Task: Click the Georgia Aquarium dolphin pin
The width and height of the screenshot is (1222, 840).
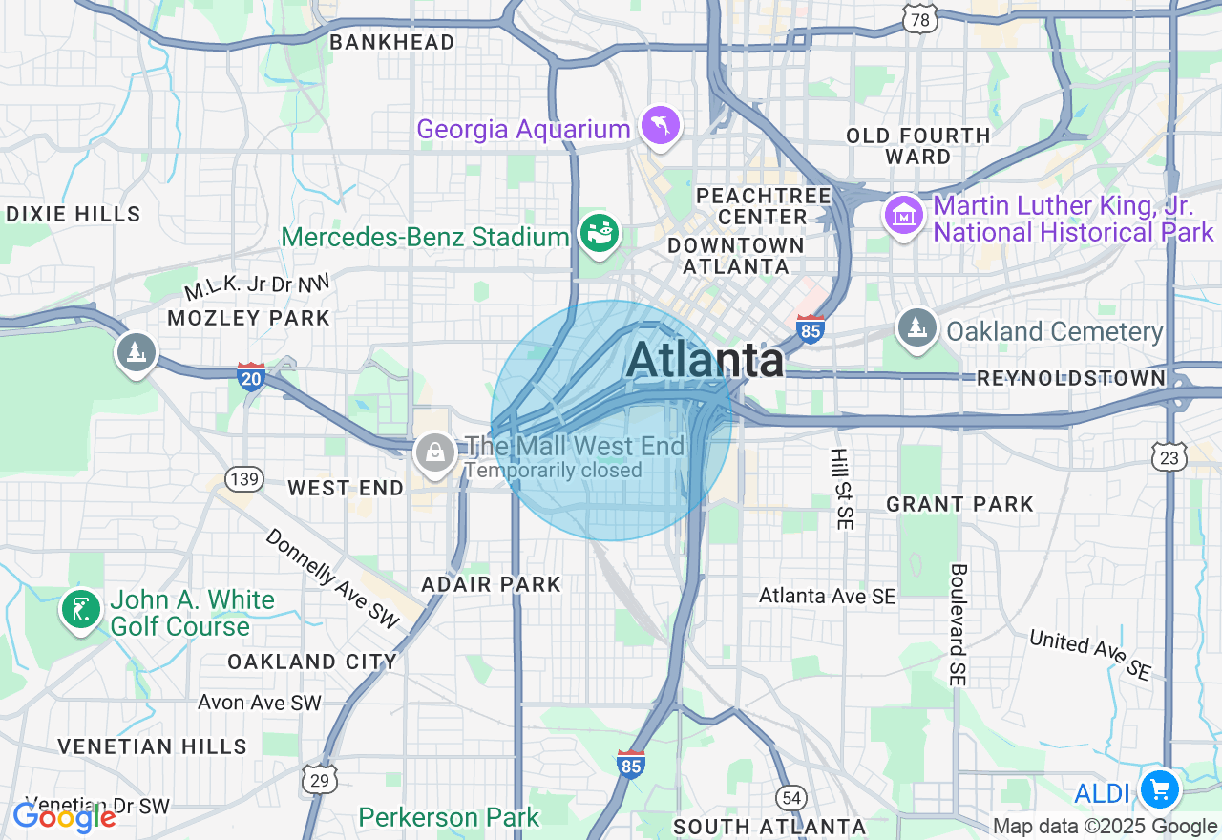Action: point(660,126)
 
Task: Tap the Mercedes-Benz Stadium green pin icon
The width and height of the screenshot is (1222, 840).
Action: point(600,233)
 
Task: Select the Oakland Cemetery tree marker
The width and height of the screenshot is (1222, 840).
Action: point(917,328)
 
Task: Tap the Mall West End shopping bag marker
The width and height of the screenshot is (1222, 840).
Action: point(436,452)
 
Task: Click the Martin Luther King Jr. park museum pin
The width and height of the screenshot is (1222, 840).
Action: point(903,216)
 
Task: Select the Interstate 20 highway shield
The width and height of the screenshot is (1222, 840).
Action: point(251,376)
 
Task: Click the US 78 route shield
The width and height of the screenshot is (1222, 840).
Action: point(920,19)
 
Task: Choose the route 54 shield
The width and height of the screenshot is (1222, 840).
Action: point(791,797)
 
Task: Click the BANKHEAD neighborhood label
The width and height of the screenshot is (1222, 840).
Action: point(391,42)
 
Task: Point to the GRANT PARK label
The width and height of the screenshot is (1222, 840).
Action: point(959,504)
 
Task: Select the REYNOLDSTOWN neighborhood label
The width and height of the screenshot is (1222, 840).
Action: point(1071,379)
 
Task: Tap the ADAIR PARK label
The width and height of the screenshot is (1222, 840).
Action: point(492,584)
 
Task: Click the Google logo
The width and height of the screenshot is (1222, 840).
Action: point(64,816)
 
